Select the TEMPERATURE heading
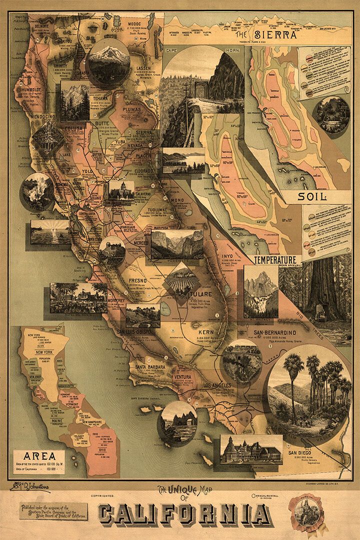pyautogui.click(x=275, y=260)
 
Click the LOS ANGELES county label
pyautogui.click(x=217, y=385)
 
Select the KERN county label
pyautogui.click(x=205, y=331)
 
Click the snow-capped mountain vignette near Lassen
pyautogui.click(x=109, y=62)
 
